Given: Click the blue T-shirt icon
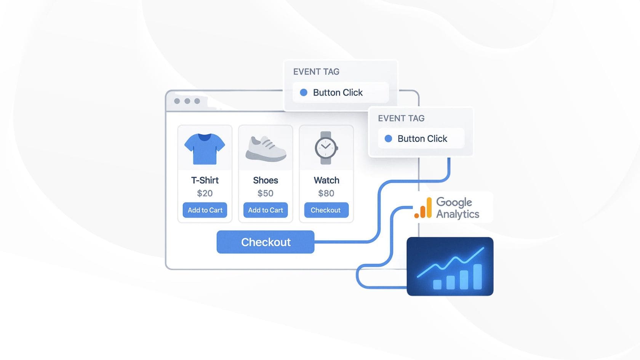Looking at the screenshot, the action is pos(205,149).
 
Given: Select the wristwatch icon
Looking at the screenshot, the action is pos(326,148).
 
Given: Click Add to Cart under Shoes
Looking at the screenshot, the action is pos(266,210).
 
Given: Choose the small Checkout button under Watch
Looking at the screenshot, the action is pos(326,210).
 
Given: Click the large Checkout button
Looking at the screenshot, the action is pos(266,242).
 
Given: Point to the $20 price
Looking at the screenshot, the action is pos(205,194).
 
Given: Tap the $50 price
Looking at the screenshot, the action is pos(266,194).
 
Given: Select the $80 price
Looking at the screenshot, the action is pos(326,194).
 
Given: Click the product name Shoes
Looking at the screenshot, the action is pos(266,180).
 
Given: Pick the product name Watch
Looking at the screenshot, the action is pos(326,180).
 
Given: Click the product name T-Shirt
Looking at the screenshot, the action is pos(205,180).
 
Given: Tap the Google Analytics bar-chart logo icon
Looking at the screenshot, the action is pos(423,208).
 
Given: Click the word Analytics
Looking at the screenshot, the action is pos(458,214).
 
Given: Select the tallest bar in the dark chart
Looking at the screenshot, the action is pos(477,277).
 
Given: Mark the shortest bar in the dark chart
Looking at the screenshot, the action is pos(437,285).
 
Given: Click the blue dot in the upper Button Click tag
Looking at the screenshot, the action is pos(303,92).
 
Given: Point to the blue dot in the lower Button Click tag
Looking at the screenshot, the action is pos(388,139).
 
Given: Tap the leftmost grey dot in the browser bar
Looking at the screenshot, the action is pos(177,101).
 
